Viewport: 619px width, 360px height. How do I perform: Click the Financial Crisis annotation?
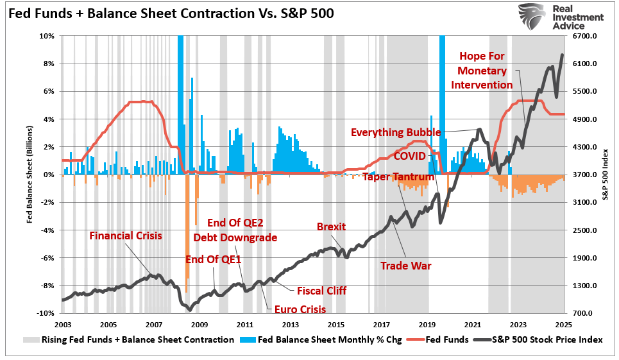pyautogui.click(x=126, y=236)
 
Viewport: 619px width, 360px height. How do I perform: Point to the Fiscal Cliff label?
pyautogui.click(x=321, y=291)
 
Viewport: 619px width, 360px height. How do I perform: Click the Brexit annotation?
pyautogui.click(x=332, y=227)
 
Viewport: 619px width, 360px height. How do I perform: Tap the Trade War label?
pyautogui.click(x=405, y=265)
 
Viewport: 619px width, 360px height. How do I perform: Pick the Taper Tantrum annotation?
pyautogui.click(x=398, y=176)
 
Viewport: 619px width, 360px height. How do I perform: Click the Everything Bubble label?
pyautogui.click(x=396, y=132)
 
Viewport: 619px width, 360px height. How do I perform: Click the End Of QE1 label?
pyautogui.click(x=214, y=259)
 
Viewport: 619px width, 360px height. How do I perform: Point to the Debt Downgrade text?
pyautogui.click(x=235, y=237)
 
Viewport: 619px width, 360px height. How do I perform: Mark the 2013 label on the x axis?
pyautogui.click(x=290, y=325)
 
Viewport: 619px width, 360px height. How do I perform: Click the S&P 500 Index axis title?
pyautogui.click(x=606, y=174)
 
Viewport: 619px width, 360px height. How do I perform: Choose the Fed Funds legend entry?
pyautogui.click(x=447, y=339)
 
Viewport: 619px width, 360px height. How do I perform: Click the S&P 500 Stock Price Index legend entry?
pyautogui.click(x=543, y=339)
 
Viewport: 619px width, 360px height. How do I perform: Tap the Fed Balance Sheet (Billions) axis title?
pyautogui.click(x=29, y=174)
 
